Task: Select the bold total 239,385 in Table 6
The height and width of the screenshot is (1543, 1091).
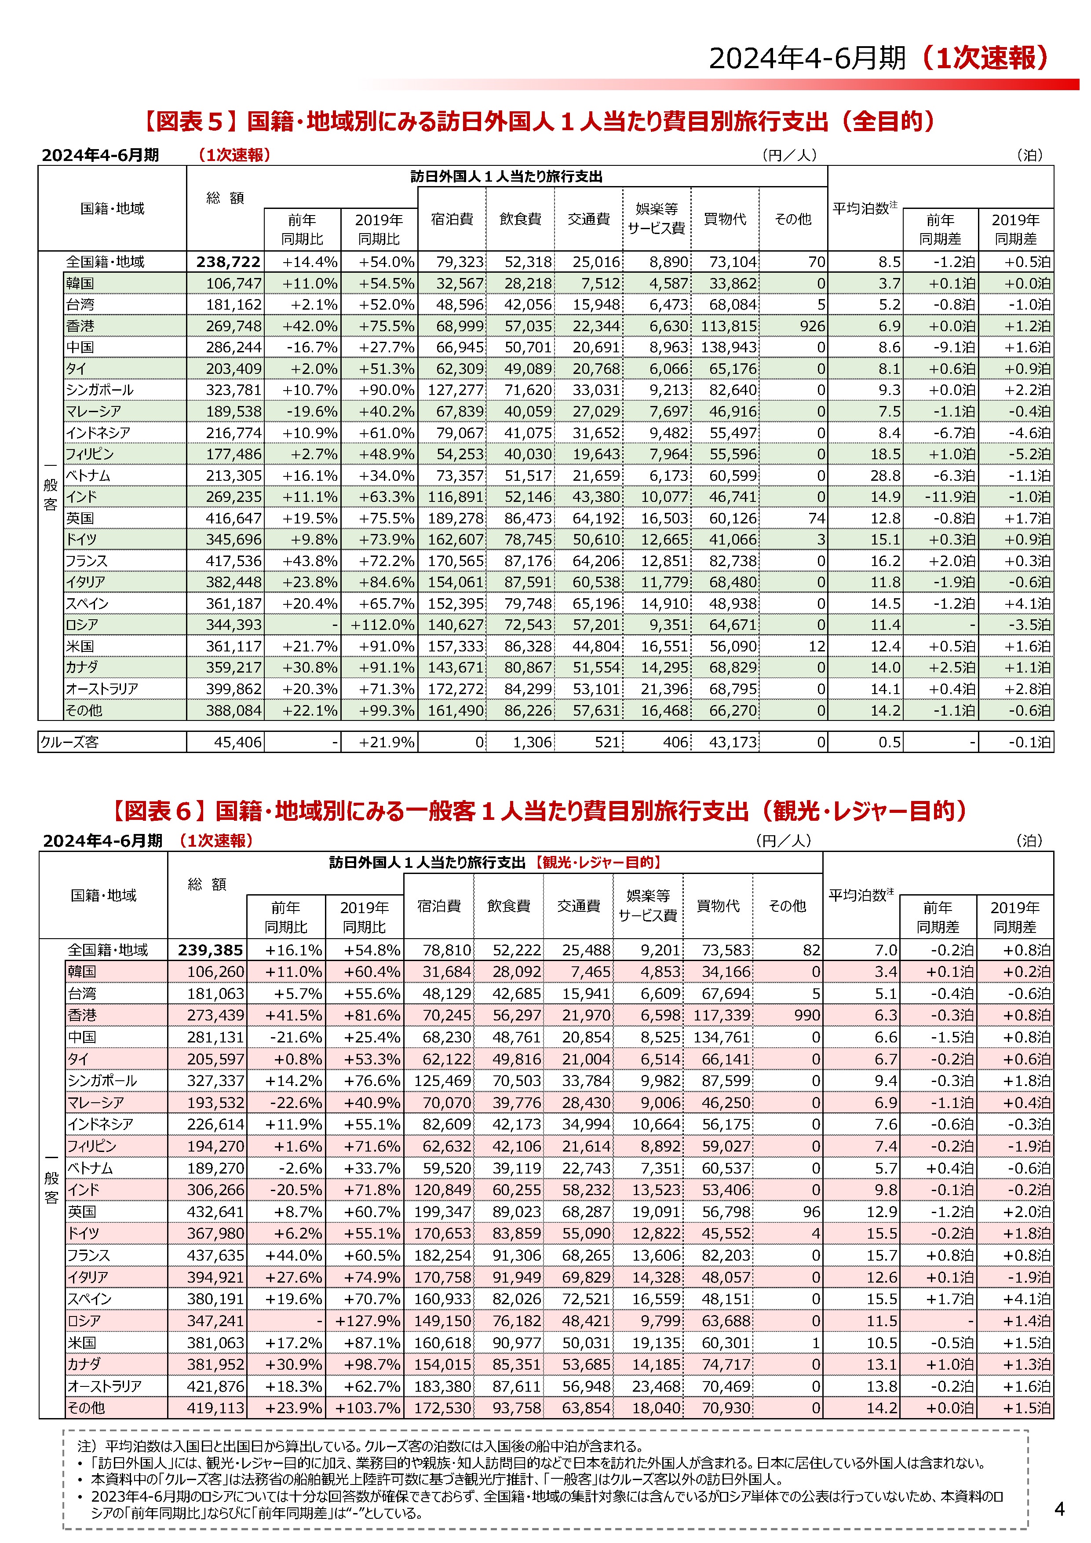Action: coord(210,950)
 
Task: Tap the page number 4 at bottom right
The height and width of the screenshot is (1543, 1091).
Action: coord(1059,1510)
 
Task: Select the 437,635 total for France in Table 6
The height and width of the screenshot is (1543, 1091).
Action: coord(215,1255)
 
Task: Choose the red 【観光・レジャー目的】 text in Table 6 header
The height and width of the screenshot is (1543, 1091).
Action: coord(598,862)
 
